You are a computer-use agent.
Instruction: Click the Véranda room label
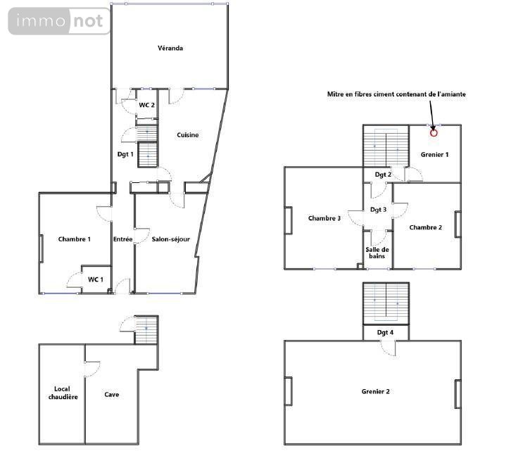point(170,49)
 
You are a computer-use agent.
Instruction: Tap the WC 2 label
point(146,105)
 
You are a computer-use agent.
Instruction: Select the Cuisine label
point(187,135)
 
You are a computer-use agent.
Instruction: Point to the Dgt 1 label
point(125,154)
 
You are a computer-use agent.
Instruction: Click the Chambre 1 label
point(74,239)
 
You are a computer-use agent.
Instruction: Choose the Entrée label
point(122,239)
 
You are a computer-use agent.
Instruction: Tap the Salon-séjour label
point(171,239)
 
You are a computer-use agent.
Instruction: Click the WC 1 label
point(96,279)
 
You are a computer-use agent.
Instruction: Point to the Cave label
point(111,395)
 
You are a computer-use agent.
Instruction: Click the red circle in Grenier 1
point(434,132)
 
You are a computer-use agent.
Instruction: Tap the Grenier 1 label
point(434,154)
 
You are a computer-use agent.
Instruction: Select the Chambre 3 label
point(324,218)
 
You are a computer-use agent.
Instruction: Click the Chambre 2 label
point(425,227)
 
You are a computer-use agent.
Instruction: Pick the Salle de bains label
point(377,253)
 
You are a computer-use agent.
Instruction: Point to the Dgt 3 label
point(378,210)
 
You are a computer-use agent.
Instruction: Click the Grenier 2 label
point(375,391)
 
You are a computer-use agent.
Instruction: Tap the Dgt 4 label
point(385,332)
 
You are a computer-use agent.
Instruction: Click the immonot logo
point(59,21)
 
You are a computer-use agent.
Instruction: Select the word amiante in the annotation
point(452,94)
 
